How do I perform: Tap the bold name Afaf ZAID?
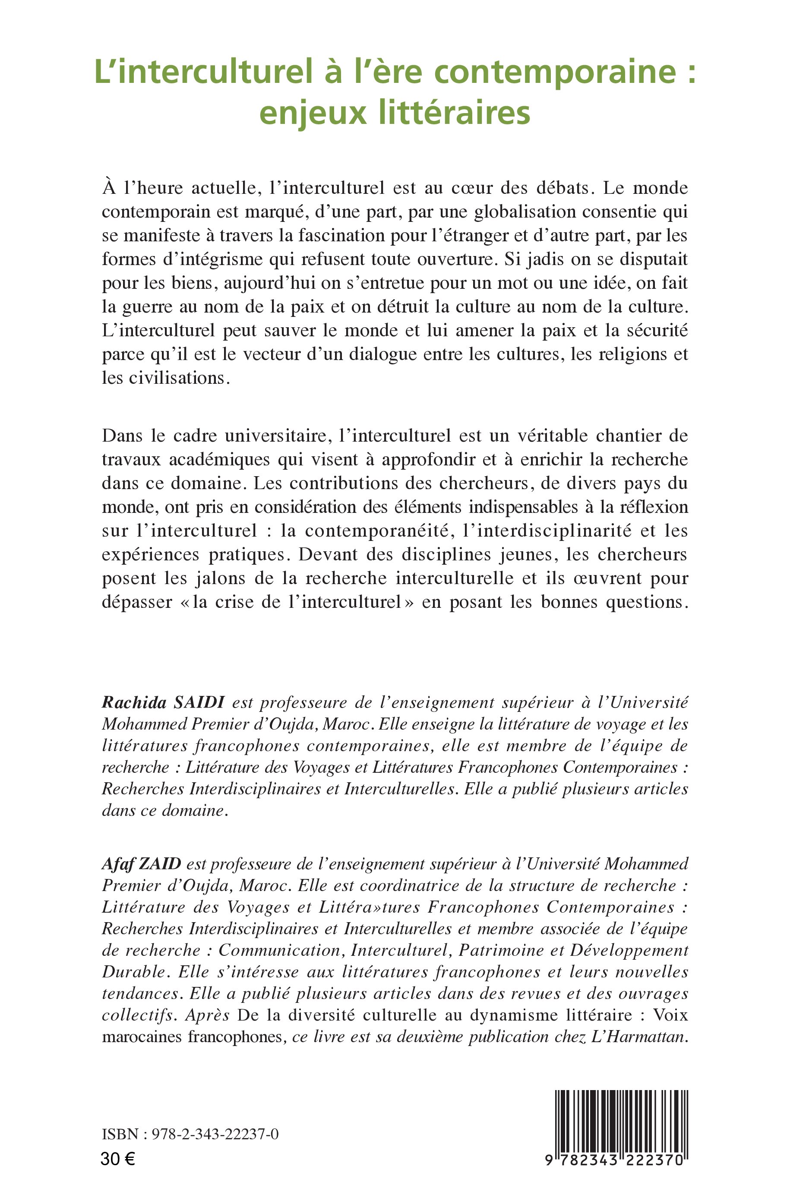(141, 864)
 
